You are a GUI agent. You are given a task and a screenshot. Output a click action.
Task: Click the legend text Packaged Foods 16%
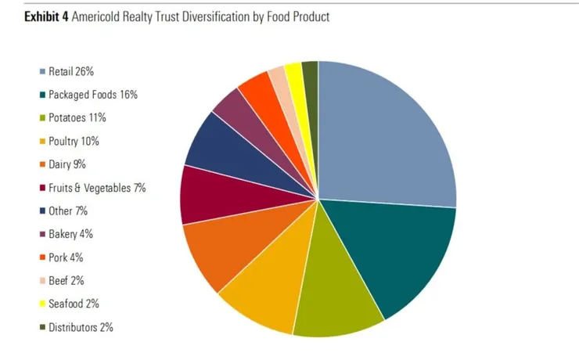coord(93,95)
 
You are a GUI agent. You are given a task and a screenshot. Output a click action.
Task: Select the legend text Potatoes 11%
coord(77,118)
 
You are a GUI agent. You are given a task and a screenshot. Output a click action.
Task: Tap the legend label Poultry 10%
coord(74,142)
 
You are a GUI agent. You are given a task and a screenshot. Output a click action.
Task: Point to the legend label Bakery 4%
coord(71,234)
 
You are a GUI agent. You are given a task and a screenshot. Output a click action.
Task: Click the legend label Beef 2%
coord(66,280)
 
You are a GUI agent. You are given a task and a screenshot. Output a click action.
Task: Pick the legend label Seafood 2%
coord(74,304)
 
